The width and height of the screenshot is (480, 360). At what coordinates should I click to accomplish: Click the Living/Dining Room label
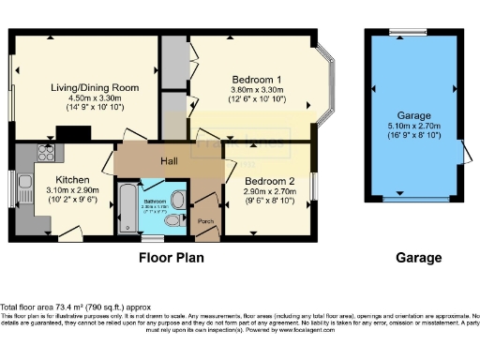click(x=94, y=87)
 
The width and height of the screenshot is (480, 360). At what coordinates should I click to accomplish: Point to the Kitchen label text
click(x=72, y=180)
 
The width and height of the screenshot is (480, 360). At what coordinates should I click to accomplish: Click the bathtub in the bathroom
click(x=125, y=207)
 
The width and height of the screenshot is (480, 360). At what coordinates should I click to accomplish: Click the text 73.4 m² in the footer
click(x=63, y=307)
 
